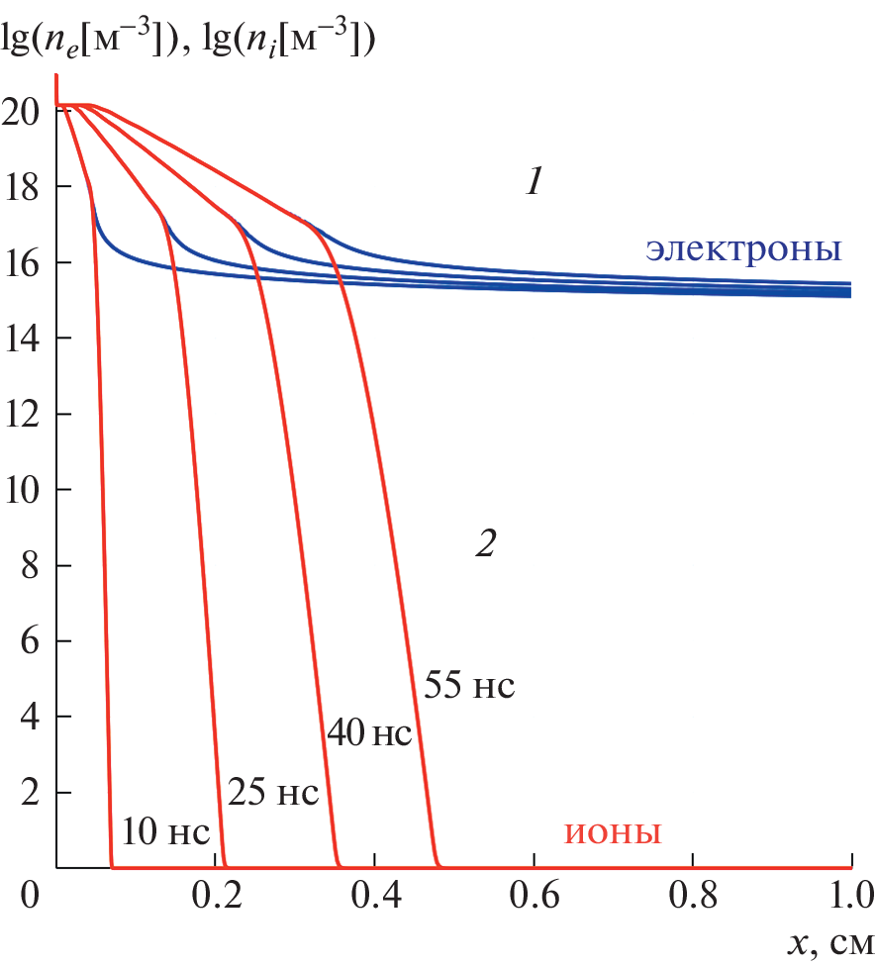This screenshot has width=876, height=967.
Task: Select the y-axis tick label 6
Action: pos(30,641)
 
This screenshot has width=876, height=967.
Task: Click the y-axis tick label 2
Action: pos(30,793)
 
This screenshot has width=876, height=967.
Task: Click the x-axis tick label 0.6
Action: pos(534,899)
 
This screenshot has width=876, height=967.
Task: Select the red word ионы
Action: pos(613,832)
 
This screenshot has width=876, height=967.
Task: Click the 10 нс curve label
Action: pos(165,832)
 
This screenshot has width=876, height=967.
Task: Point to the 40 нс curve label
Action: pos(367,734)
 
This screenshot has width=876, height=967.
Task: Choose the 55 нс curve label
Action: pos(470,685)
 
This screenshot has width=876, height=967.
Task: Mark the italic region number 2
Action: pos(485,543)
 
